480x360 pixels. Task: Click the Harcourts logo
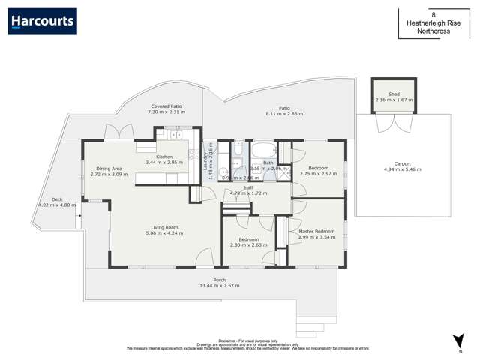click(42, 22)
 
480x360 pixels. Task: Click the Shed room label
click(394, 94)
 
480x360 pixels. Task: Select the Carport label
click(403, 166)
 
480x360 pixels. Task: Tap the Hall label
click(248, 189)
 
